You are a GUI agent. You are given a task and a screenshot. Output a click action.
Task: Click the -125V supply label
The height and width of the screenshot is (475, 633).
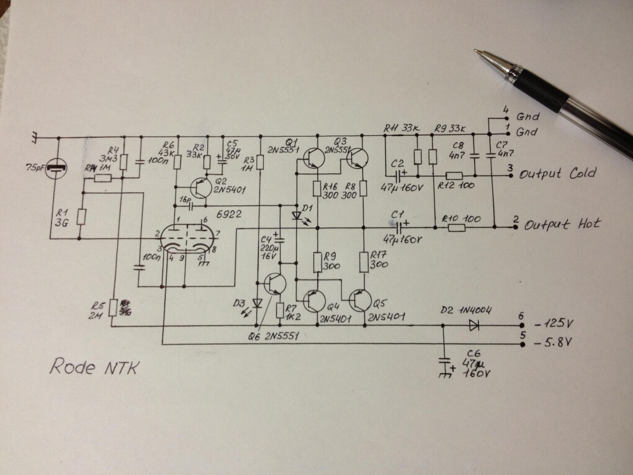(554, 324)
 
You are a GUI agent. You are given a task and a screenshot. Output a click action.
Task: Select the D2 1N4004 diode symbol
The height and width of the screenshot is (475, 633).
(474, 324)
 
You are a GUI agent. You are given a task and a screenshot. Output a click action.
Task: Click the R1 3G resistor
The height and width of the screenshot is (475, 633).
(81, 217)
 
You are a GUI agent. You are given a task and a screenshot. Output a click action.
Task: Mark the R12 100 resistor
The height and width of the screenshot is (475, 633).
(455, 176)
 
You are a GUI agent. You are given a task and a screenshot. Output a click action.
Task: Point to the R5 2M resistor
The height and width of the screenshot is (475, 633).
(112, 307)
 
